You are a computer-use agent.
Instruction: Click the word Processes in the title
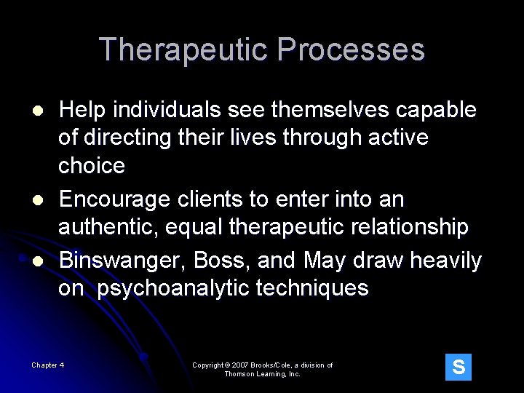[351, 50]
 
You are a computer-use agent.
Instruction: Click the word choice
[92, 165]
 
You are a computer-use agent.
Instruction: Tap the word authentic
[108, 227]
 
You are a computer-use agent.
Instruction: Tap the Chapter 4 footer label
[48, 365]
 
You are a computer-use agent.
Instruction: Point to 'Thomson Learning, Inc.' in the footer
[262, 374]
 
